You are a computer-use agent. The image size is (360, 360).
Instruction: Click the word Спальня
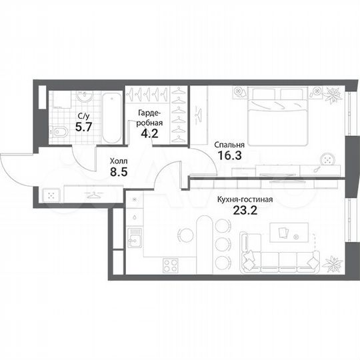coord(229,144)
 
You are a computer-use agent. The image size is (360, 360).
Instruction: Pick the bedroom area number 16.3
coord(229,157)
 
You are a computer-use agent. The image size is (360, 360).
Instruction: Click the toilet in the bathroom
coord(59,133)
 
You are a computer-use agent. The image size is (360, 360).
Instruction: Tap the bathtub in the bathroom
coord(111,117)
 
